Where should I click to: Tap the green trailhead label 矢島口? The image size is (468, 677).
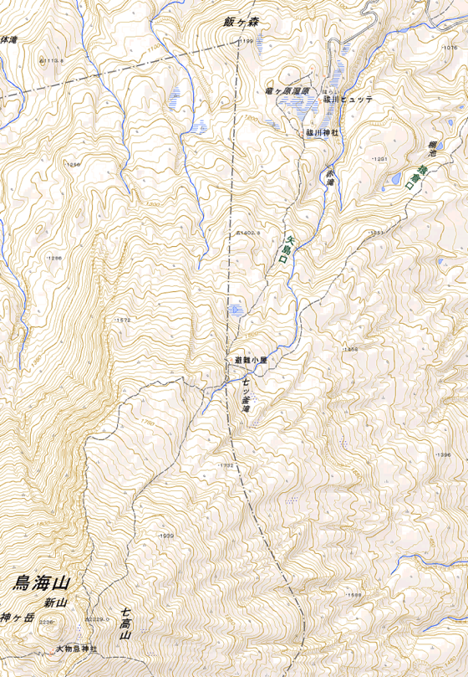[x=284, y=249]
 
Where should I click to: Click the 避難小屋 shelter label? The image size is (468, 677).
[x=250, y=361]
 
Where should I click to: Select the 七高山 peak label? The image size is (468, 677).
[x=125, y=624]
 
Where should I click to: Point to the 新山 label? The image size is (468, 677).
[x=56, y=603]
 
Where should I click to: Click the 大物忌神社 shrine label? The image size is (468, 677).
[x=77, y=649]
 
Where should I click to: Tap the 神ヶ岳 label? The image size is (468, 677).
[x=17, y=618]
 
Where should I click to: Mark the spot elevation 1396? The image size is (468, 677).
[x=442, y=454]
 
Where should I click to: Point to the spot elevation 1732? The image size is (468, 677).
[x=224, y=465]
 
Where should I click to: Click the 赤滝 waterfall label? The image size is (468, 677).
[x=330, y=176]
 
